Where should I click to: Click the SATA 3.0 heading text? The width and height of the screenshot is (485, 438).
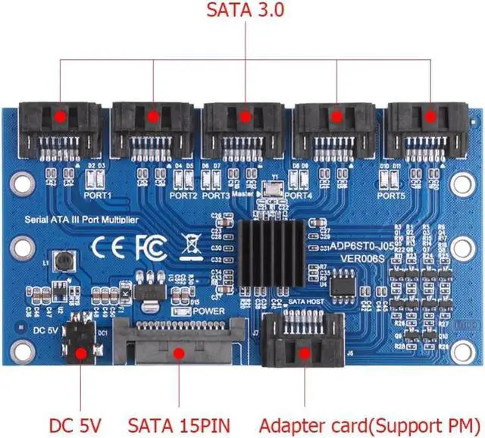pos(245,13)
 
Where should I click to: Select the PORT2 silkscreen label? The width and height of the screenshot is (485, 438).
pos(183,196)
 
